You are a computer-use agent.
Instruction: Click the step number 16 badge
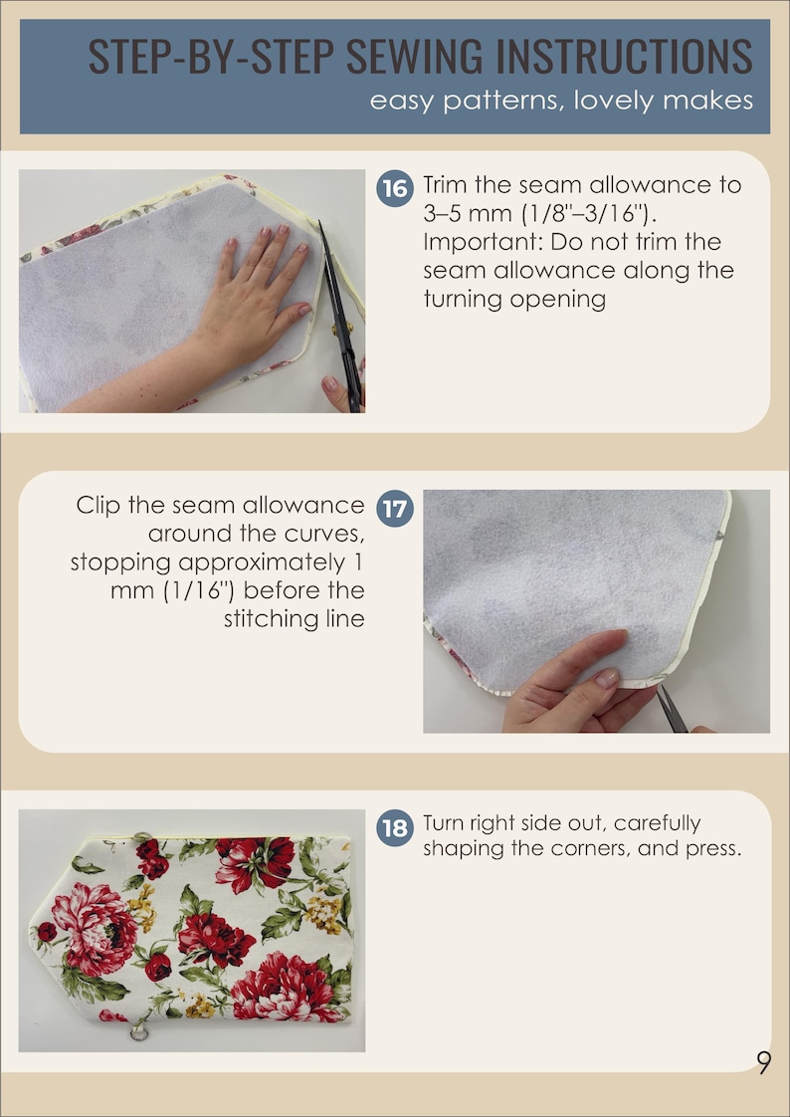[394, 188]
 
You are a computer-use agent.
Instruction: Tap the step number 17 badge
[394, 508]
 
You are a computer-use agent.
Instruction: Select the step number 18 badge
[394, 827]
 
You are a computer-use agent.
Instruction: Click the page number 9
[763, 1063]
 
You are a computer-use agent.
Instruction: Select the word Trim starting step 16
[446, 185]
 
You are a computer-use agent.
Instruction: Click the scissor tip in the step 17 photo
[659, 687]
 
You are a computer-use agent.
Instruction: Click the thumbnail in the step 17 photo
[606, 677]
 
